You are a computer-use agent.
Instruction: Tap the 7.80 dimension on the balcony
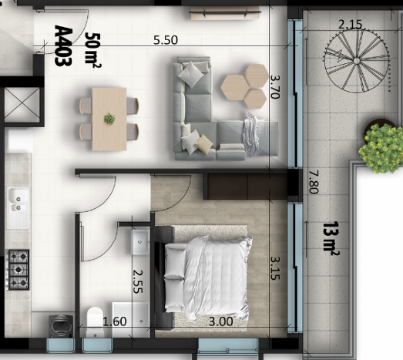click(x=313, y=183)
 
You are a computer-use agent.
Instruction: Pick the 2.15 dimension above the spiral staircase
click(x=350, y=25)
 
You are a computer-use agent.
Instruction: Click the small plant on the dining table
click(x=109, y=119)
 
